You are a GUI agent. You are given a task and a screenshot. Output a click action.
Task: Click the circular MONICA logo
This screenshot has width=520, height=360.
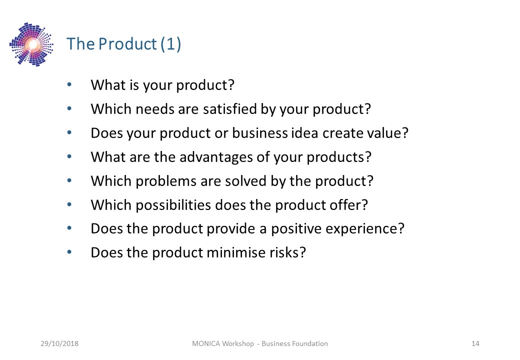pyautogui.click(x=31, y=44)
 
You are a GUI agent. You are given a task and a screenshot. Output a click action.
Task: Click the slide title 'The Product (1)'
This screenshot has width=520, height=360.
pyautogui.click(x=123, y=44)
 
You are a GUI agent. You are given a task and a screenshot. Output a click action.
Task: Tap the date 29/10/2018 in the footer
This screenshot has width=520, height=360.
pyautogui.click(x=59, y=343)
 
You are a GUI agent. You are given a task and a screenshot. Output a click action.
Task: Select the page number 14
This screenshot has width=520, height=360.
pyautogui.click(x=475, y=343)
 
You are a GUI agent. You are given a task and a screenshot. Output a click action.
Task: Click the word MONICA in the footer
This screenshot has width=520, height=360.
pyautogui.click(x=206, y=343)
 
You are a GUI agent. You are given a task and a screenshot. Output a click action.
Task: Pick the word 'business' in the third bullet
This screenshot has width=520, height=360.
pyautogui.click(x=259, y=133)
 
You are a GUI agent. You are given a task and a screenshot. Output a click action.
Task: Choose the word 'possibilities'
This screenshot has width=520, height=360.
pyautogui.click(x=173, y=205)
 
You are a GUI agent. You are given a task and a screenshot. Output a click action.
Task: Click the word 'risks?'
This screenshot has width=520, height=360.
pyautogui.click(x=287, y=252)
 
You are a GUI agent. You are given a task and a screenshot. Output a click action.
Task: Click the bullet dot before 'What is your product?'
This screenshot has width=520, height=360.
pyautogui.click(x=69, y=84)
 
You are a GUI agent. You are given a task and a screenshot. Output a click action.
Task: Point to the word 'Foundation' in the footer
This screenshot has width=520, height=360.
pyautogui.click(x=311, y=343)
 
